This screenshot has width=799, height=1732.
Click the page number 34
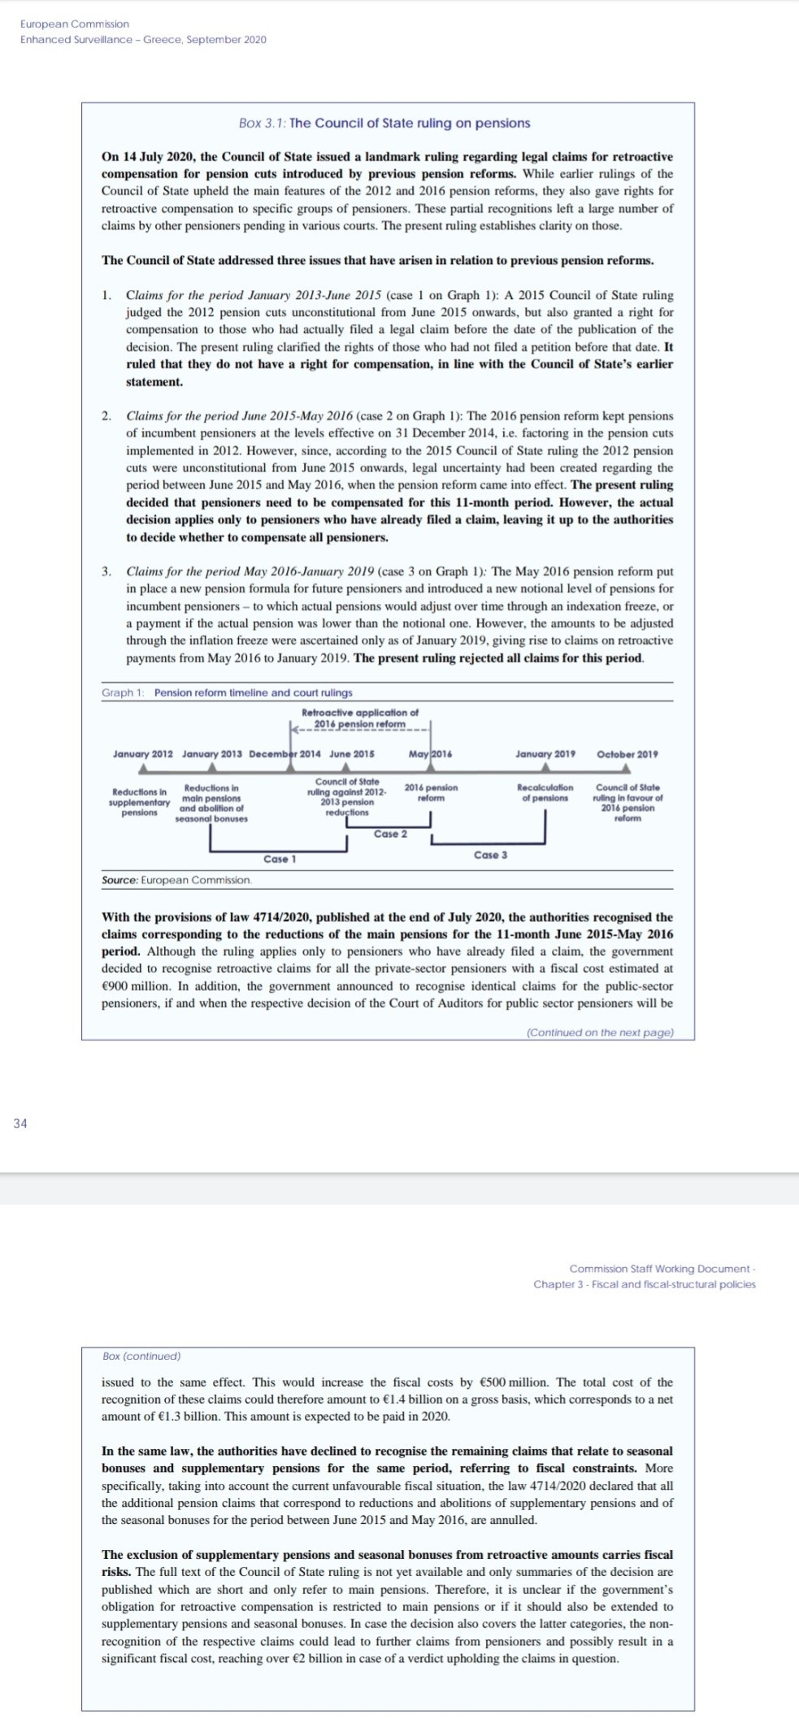20,1123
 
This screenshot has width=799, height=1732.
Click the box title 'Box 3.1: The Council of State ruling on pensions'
384,123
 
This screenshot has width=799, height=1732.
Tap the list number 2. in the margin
106,416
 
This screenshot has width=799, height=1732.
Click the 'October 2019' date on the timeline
627,754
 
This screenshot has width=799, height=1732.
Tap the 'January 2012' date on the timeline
142,754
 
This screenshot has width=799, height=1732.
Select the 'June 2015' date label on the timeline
352,754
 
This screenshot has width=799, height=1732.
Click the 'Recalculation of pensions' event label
545,792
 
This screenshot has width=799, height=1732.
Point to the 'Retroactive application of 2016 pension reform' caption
360,718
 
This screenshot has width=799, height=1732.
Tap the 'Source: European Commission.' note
177,880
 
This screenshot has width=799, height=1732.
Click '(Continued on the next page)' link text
600,1032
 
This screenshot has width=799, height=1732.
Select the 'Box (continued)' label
141,1356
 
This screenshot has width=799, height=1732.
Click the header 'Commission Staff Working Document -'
662,1268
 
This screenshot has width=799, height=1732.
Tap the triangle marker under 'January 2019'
545,767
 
